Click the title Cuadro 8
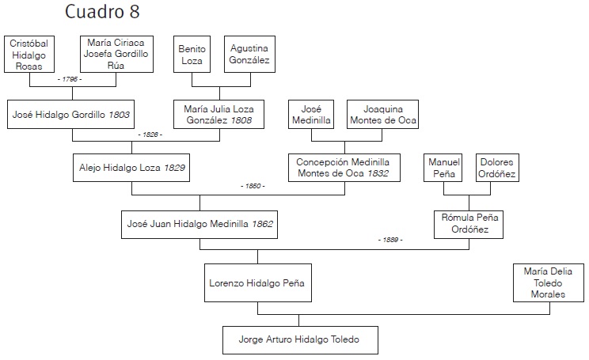(103, 13)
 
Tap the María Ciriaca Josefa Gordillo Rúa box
(116, 55)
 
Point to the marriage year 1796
(70, 81)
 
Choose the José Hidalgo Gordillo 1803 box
(71, 115)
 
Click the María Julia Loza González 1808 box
(218, 115)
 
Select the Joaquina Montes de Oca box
(382, 115)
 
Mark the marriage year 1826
(150, 135)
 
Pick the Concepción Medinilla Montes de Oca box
(344, 168)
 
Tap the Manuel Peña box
(444, 168)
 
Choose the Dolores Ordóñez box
(497, 168)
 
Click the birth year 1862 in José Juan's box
(262, 224)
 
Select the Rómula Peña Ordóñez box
(472, 223)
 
